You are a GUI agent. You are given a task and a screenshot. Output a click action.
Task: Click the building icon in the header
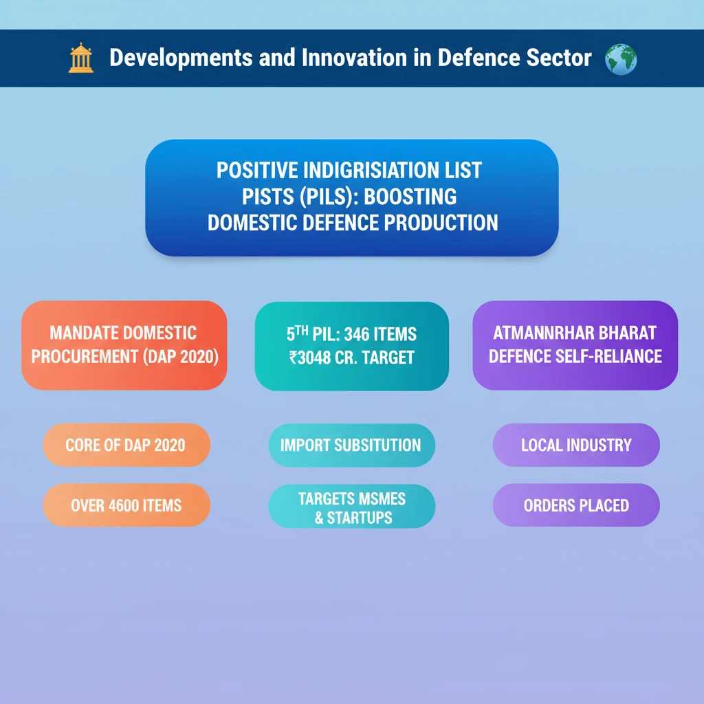[80, 58]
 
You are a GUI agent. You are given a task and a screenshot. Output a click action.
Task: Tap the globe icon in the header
[620, 58]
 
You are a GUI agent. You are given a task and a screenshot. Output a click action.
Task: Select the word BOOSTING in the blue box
[410, 197]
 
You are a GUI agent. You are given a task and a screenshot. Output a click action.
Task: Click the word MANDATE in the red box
[84, 334]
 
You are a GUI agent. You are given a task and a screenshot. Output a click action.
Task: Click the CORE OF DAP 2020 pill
[126, 445]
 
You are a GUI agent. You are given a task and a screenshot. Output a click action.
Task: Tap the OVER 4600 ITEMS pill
[126, 506]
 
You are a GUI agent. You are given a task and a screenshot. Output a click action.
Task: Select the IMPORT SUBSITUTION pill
[351, 445]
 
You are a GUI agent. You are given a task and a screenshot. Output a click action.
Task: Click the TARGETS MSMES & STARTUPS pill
[351, 507]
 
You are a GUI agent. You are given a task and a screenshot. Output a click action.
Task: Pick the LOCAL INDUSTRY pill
[576, 445]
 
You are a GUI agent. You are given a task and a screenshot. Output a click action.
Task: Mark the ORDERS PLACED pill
[576, 506]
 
